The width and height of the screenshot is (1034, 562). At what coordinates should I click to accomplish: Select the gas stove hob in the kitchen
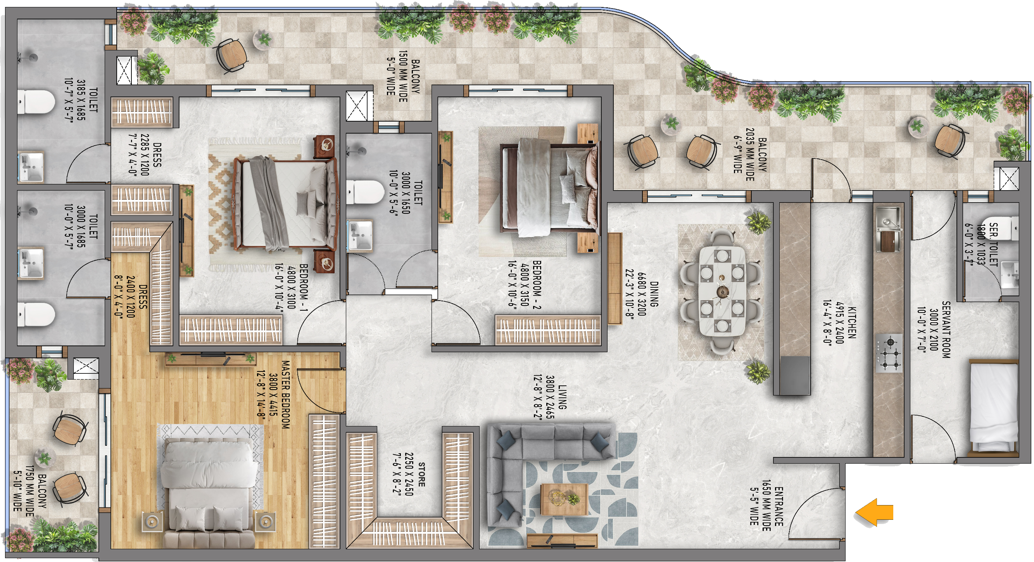889,352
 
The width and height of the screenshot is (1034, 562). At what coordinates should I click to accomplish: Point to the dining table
722,291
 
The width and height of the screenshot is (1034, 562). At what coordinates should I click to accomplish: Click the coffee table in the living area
564,499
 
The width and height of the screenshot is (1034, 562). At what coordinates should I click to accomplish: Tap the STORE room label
421,474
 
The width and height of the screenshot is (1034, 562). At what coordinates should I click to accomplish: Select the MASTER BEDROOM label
285,394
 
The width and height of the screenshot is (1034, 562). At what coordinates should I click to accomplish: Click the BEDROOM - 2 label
537,284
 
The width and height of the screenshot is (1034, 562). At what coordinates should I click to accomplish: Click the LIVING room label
562,397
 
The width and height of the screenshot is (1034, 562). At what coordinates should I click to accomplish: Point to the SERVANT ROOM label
946,329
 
